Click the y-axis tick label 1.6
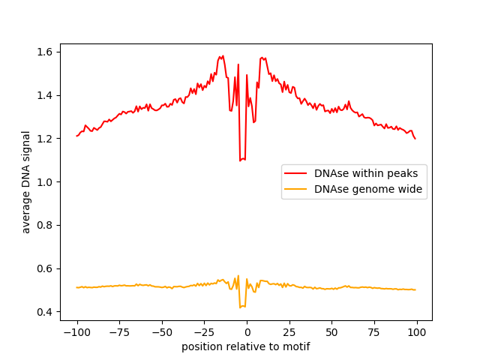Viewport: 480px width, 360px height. click(x=46, y=52)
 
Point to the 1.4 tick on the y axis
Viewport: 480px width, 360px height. click(x=46, y=95)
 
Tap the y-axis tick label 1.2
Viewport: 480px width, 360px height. click(x=46, y=139)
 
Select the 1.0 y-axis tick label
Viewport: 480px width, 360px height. click(x=46, y=182)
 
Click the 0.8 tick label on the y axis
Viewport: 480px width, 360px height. click(x=46, y=225)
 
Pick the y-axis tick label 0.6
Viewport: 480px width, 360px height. click(x=46, y=268)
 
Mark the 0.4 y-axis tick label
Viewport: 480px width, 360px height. click(x=46, y=312)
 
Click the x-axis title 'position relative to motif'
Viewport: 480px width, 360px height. click(x=246, y=346)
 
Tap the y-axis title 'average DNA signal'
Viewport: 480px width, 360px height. click(x=26, y=182)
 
